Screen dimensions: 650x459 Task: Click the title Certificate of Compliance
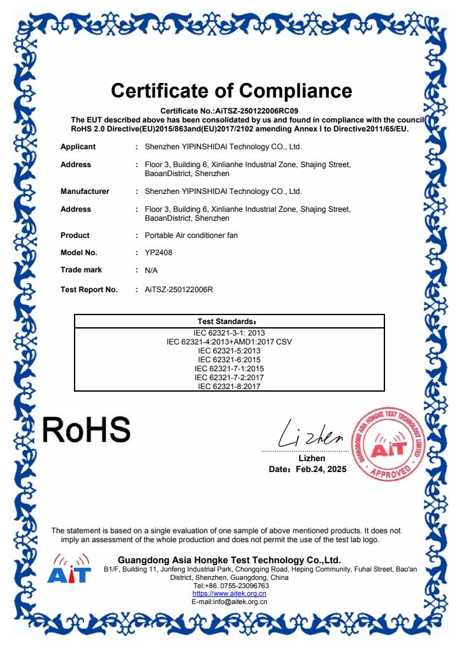click(231, 90)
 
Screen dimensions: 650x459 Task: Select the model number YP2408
click(159, 252)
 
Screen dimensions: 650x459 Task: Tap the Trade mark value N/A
click(151, 270)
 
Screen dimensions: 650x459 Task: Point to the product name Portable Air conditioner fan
click(191, 235)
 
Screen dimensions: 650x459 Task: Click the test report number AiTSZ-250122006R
click(178, 290)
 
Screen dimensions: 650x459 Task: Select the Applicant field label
click(78, 147)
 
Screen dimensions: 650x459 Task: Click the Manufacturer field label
click(85, 191)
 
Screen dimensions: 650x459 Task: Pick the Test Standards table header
click(229, 321)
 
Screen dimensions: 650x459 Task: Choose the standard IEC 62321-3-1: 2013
click(229, 333)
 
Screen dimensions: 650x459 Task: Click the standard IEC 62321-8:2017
click(229, 386)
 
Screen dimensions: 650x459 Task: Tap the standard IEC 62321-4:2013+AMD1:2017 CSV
click(229, 342)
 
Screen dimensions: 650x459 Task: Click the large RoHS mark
click(86, 429)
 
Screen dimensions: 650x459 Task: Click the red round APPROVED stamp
click(388, 443)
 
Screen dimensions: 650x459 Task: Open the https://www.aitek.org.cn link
click(229, 593)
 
